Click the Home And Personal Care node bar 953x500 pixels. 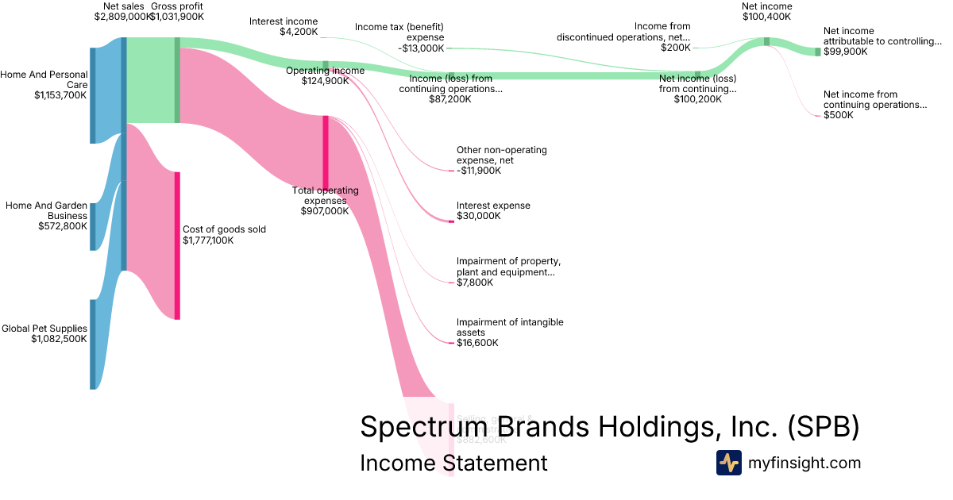[x=93, y=95]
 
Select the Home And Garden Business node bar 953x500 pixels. [x=93, y=226]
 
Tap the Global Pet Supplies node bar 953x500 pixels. [x=93, y=344]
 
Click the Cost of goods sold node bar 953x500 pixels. [x=177, y=245]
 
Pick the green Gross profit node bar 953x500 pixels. [x=177, y=80]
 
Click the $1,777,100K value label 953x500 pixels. [x=208, y=240]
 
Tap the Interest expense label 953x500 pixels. [x=493, y=206]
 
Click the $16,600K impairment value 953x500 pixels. [x=477, y=343]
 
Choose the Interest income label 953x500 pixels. [x=284, y=21]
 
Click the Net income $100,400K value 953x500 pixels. [x=766, y=17]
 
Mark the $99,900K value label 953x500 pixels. [x=845, y=52]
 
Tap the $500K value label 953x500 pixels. [x=839, y=115]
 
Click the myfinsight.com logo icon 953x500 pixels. [x=728, y=463]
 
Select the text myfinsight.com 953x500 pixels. [x=804, y=463]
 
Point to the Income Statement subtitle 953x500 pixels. [x=453, y=463]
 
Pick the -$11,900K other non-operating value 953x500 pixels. [x=479, y=171]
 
